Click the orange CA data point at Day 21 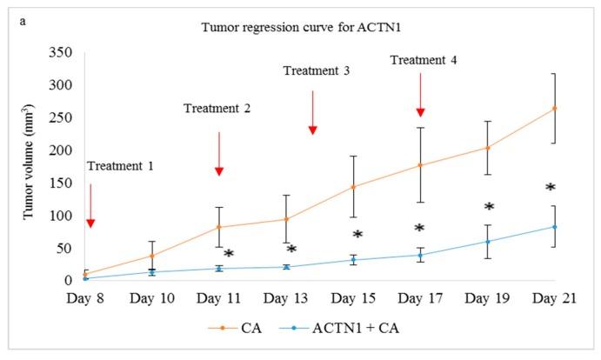[x=555, y=108]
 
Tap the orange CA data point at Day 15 [x=353, y=186]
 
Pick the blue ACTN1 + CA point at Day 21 [x=555, y=227]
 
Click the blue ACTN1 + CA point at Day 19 [x=488, y=242]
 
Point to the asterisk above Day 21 [x=550, y=188]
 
